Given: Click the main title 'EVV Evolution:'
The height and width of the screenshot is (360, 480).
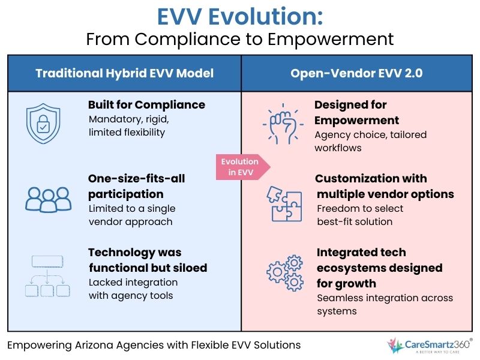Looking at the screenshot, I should tap(240, 16).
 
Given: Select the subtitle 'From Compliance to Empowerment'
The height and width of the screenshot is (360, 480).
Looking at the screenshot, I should tap(240, 40).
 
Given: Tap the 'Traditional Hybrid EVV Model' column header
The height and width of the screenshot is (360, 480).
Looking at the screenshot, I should tap(124, 73).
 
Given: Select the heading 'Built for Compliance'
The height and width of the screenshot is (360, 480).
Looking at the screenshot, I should tap(146, 105).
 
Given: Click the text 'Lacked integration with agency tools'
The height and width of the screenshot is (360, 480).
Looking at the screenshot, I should tap(133, 289).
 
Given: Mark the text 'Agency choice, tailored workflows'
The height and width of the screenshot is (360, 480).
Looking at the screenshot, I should tap(370, 141).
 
